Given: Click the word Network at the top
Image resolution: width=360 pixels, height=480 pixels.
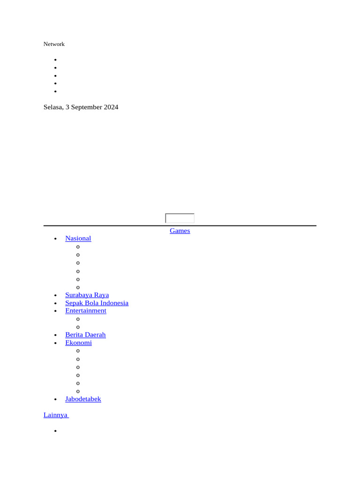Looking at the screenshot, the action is tap(54, 44).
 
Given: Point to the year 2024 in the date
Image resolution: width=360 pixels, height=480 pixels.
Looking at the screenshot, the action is tap(111, 107).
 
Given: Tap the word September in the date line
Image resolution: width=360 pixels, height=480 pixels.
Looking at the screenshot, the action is tap(87, 107).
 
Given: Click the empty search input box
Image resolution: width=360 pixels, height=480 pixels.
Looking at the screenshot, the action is tap(180, 218).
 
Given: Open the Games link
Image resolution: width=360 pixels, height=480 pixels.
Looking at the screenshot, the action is tap(180, 231).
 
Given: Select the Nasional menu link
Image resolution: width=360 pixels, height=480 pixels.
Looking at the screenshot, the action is tap(78, 238).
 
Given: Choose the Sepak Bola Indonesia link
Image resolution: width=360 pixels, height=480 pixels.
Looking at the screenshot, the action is tap(97, 303).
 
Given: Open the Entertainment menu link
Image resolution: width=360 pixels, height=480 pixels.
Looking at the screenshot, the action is tap(86, 311).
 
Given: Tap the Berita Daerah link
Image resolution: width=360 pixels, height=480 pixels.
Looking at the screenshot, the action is tap(85, 335).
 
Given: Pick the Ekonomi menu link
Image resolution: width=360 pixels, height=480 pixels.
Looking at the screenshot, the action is tap(78, 343).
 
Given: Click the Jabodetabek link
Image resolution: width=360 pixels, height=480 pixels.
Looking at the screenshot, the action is tap(83, 399).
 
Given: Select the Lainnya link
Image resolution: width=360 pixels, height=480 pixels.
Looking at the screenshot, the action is tap(56, 415).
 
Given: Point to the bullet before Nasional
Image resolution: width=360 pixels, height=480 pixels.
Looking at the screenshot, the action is tap(55, 239).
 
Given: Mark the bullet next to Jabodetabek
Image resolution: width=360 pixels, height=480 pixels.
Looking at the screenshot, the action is tap(55, 399).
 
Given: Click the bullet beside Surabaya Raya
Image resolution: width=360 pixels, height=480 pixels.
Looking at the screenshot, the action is tap(55, 295).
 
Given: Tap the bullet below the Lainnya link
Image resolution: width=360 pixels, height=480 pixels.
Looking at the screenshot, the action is tap(55, 431).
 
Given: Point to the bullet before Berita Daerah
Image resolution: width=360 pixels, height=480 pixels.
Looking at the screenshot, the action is tap(55, 335).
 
